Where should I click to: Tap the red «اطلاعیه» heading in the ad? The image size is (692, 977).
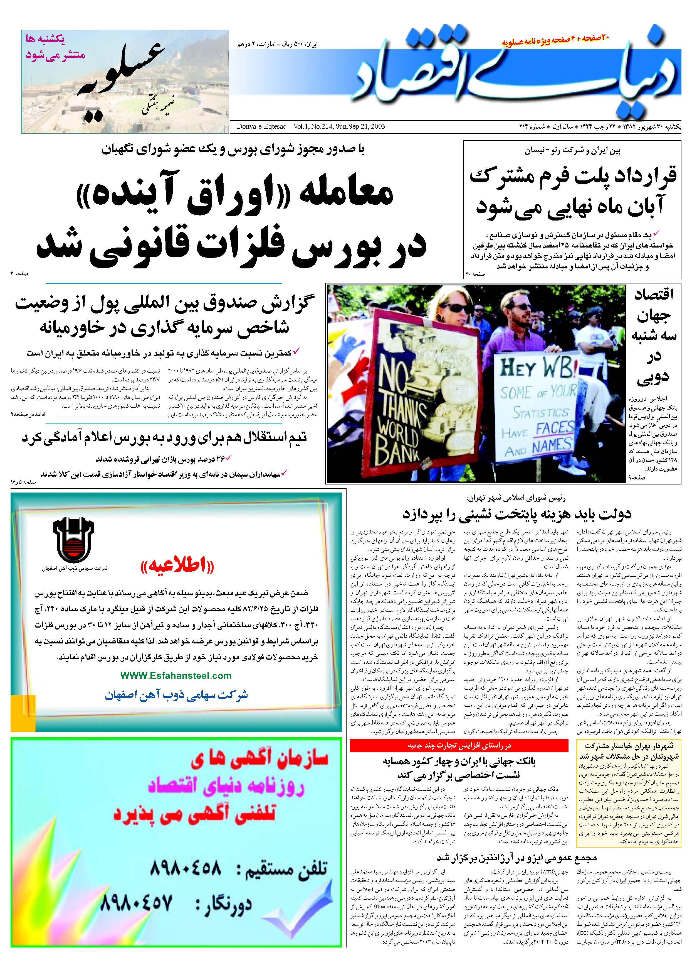tap(177, 566)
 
